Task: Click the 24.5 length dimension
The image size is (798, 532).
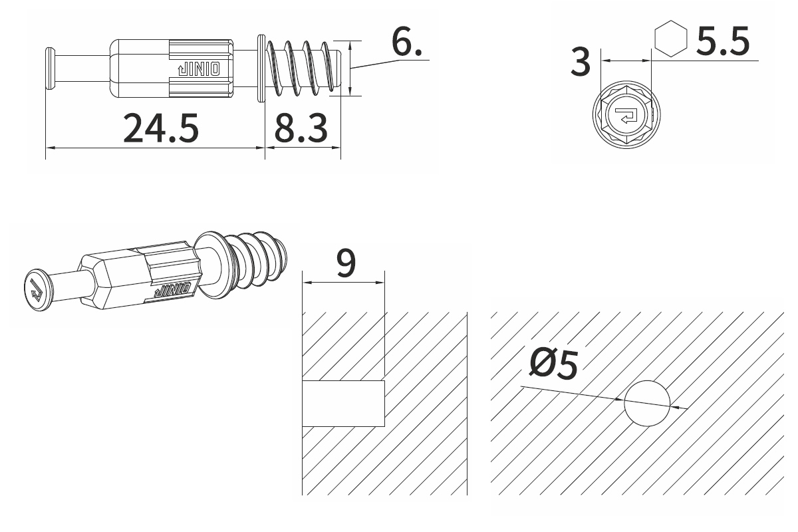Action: pyautogui.click(x=161, y=128)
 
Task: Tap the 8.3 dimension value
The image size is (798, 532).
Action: pyautogui.click(x=301, y=128)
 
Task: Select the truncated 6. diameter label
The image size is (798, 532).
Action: pyautogui.click(x=406, y=43)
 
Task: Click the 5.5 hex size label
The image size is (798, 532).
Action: pyautogui.click(x=722, y=42)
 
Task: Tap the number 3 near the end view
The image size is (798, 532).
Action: pyautogui.click(x=581, y=63)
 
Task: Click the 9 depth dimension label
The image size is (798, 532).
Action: pyautogui.click(x=346, y=264)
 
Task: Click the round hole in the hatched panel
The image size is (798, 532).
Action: pyautogui.click(x=646, y=404)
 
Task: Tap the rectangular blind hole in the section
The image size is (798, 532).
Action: pyautogui.click(x=344, y=404)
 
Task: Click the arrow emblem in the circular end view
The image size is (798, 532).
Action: pyautogui.click(x=626, y=116)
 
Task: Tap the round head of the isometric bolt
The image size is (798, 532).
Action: pyautogui.click(x=36, y=290)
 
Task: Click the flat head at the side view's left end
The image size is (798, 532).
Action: pyautogui.click(x=49, y=67)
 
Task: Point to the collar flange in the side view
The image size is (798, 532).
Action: pyautogui.click(x=261, y=68)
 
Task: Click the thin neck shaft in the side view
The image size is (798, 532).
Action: pyautogui.click(x=80, y=67)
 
